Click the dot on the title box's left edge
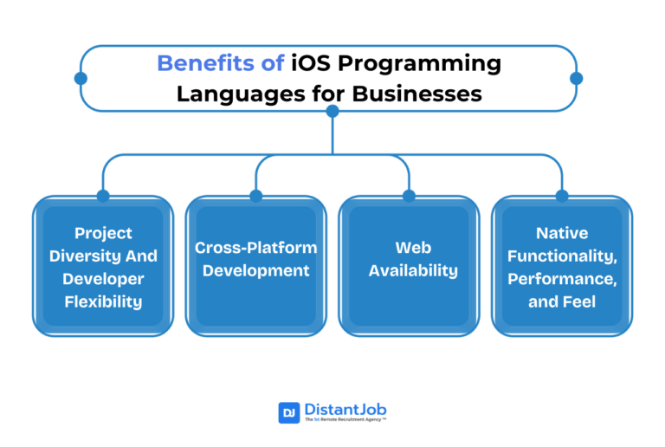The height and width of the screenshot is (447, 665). coord(81,78)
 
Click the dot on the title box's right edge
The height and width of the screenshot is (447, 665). coord(577,78)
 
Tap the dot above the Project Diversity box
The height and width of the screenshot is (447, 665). coord(103,196)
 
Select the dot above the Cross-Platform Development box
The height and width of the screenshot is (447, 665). coord(256,196)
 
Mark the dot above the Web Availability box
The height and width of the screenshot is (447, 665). coord(409,196)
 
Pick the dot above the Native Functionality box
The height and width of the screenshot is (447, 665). coord(562,196)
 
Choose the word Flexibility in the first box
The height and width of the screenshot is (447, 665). coord(103,301)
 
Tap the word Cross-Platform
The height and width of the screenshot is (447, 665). coord(255,248)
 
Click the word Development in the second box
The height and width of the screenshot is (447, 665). coord(255,270)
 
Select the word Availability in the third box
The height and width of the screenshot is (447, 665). coord(413,270)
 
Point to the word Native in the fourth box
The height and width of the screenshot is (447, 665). coord(562,233)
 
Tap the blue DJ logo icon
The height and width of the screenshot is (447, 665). coord(288,412)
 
